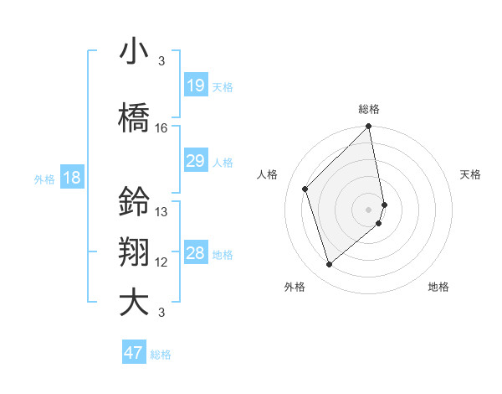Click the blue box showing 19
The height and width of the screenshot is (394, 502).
coord(196,86)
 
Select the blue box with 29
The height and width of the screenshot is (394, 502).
coord(196,161)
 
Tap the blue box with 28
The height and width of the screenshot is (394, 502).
coord(196,253)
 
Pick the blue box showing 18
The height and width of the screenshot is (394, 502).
coord(71,178)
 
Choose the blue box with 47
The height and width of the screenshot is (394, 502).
coord(134,353)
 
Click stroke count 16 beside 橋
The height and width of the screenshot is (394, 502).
coord(161,128)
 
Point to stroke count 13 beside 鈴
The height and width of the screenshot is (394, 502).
coord(161,212)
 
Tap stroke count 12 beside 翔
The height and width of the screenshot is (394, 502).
coord(161,262)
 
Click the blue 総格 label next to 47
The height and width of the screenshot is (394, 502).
coord(161,355)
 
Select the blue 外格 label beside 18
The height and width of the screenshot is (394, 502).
coord(44,179)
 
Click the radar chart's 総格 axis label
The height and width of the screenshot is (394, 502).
coord(369,109)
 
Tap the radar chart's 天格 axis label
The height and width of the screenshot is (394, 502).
coord(471,174)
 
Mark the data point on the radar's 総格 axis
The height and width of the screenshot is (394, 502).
coord(369,127)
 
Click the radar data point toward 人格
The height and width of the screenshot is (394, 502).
coord(305,189)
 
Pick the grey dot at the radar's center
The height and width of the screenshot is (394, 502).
coord(369,209)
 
